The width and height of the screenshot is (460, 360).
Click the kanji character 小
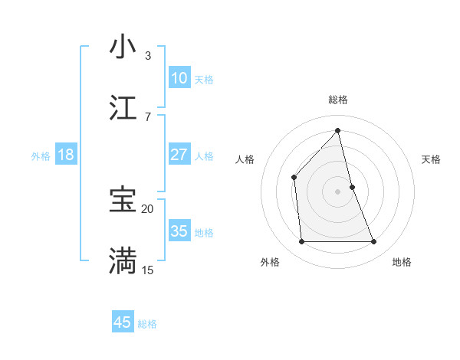coord(123,47)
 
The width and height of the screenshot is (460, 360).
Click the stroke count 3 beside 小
coord(147,55)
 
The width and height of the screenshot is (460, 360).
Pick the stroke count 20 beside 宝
coord(147,208)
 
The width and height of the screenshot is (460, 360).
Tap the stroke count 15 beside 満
coord(147,270)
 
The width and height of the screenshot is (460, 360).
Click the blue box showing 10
coord(179,78)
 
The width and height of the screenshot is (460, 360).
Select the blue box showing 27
coord(179,155)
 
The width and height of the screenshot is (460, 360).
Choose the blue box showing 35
coord(179,231)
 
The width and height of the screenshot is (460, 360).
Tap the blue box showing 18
coord(65,155)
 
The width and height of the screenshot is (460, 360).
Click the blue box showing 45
coord(122,322)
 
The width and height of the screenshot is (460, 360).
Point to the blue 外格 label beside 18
coord(41,156)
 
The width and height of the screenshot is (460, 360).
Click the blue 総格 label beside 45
coord(147,324)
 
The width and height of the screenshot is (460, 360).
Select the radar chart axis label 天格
coord(431,159)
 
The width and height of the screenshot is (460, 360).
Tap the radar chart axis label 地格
coord(402,262)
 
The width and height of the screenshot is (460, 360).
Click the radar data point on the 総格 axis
coord(337,131)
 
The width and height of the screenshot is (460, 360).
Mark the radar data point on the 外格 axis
coord(301,242)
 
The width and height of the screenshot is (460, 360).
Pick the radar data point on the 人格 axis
coord(294,178)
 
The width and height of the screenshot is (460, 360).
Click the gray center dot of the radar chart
coord(337,191)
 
